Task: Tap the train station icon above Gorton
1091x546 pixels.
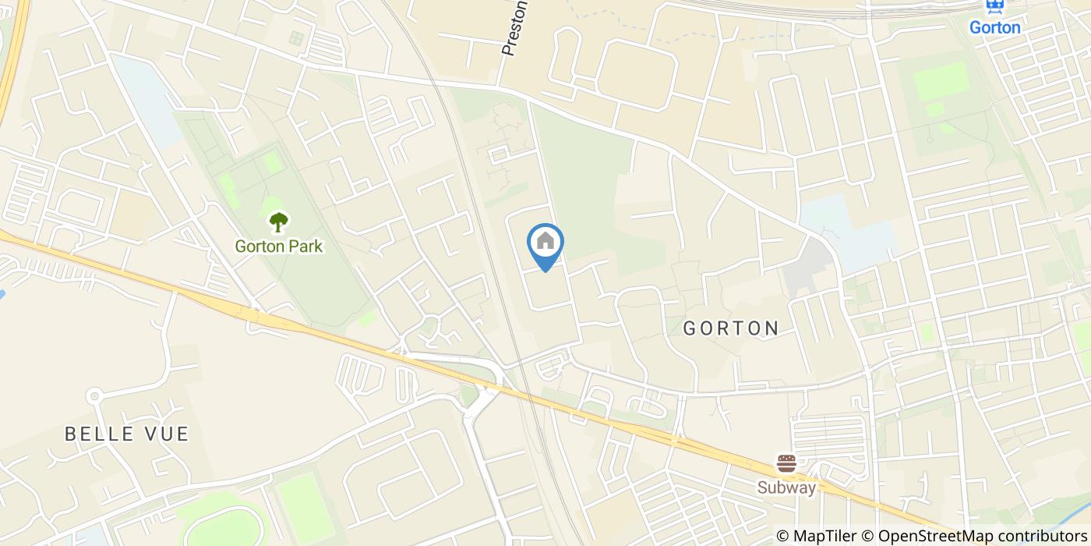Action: point(994,6)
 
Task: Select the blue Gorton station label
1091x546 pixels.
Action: point(994,28)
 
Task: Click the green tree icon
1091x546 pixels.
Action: point(278,223)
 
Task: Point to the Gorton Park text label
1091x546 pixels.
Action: point(279,246)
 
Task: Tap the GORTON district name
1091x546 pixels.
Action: point(731,328)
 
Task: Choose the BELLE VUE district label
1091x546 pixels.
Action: point(127,434)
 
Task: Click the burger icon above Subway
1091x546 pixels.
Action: point(786,464)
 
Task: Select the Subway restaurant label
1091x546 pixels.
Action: point(787,488)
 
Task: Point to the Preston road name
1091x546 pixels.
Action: point(514,30)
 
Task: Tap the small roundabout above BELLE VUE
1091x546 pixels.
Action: point(94,396)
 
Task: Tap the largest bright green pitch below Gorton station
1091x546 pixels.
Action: point(941,80)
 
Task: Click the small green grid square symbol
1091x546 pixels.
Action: point(295,37)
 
